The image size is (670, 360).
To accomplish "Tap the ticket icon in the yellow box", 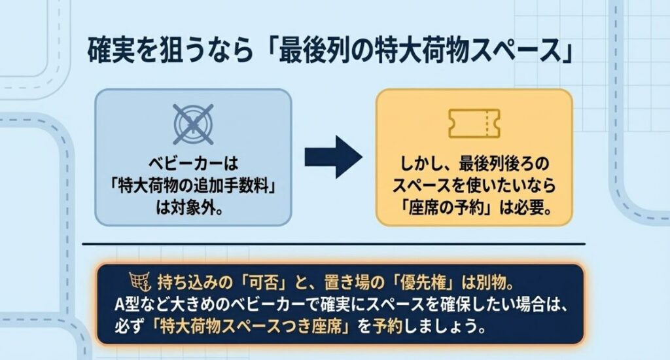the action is (x=473, y=122).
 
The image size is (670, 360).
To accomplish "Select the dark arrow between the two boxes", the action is (x=333, y=158).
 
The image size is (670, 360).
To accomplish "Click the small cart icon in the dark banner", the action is (x=137, y=283).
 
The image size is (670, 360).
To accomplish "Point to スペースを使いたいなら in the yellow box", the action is (x=473, y=187).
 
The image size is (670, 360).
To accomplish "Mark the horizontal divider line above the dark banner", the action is (x=334, y=245).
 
